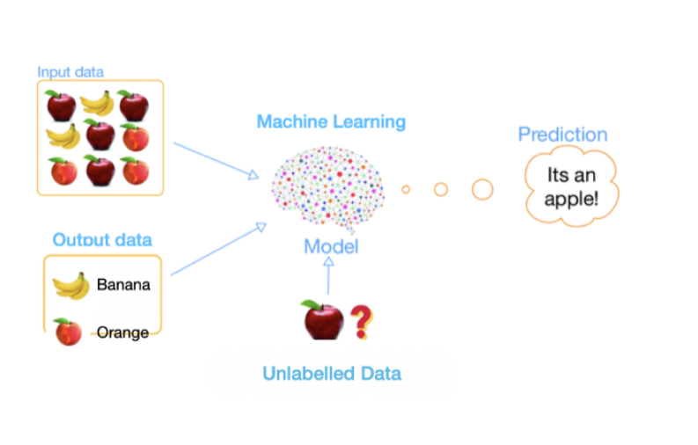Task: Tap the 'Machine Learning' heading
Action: pos(331,121)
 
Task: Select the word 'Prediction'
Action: pos(562,135)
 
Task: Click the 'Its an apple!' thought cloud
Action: pos(570,187)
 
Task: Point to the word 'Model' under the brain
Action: pos(331,246)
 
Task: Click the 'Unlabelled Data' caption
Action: pos(332,373)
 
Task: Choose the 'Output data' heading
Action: pos(102,240)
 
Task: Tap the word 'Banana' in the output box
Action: pos(123,285)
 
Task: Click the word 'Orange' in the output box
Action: pos(122,332)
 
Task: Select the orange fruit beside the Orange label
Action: pos(68,332)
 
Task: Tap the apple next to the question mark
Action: pos(323,320)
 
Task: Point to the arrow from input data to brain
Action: pos(216,160)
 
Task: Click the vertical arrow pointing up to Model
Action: pos(328,276)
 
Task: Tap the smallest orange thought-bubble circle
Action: pos(406,189)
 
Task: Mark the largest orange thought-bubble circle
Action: pos(481,189)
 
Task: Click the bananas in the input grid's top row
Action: pos(98,104)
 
